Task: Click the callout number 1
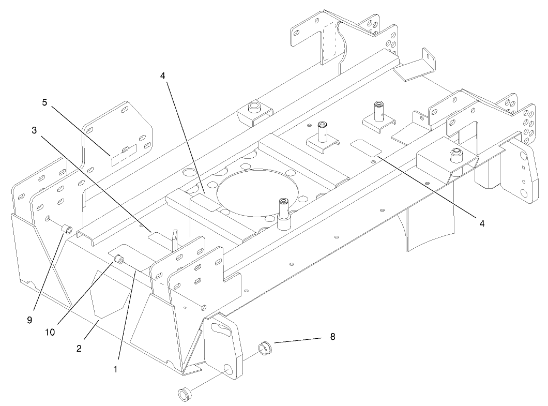(116, 369)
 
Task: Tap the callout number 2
(79, 348)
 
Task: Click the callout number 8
(332, 337)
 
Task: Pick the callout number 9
(29, 320)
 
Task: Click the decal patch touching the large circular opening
(206, 201)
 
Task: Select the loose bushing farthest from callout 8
(184, 396)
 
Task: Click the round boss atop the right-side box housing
(455, 153)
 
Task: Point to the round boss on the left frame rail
(254, 108)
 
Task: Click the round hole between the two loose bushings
(227, 369)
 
